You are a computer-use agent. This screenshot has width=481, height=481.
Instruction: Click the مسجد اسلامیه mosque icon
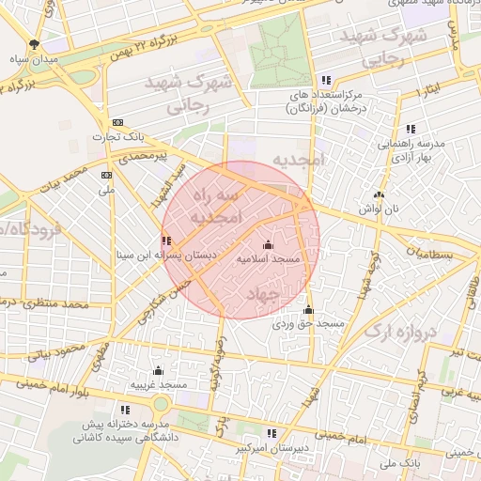[x=269, y=245]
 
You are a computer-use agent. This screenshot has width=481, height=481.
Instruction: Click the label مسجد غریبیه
[x=158, y=384]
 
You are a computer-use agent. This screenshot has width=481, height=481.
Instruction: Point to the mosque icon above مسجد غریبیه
[x=158, y=370]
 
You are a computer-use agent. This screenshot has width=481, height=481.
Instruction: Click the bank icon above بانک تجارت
[x=117, y=123]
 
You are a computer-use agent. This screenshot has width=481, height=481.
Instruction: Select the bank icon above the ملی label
[x=106, y=175]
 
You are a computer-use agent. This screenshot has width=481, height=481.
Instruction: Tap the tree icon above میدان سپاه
[x=36, y=43]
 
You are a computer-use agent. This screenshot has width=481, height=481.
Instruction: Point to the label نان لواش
[x=379, y=208]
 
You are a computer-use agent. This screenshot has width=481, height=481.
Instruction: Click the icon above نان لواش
[x=379, y=194]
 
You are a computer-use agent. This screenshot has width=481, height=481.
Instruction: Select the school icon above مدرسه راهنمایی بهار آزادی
[x=411, y=129]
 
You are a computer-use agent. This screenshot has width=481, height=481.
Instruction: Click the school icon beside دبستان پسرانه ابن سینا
[x=166, y=241]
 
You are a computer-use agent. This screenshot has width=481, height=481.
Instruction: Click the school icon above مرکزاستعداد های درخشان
[x=327, y=81]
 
